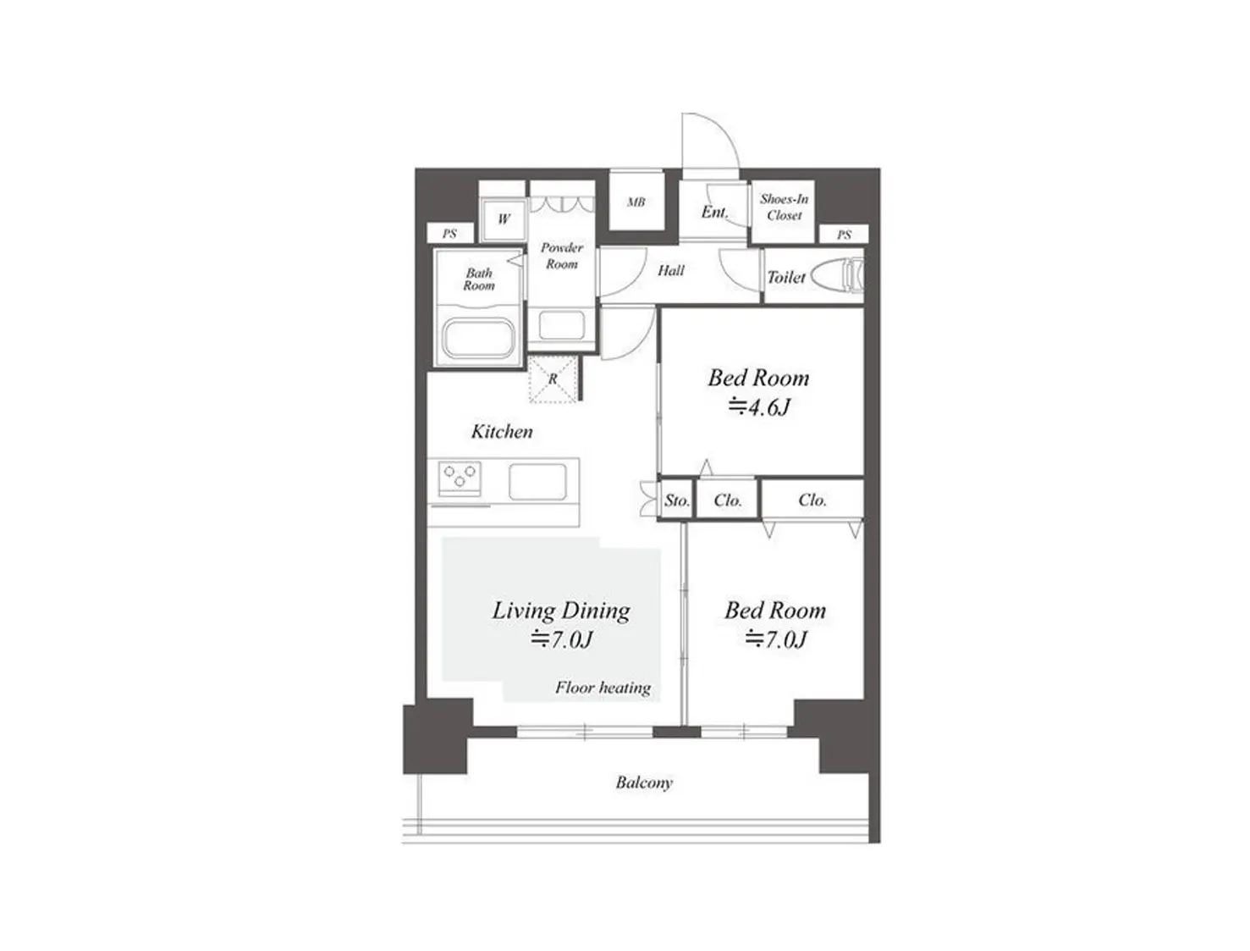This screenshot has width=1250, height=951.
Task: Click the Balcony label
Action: [x=643, y=782]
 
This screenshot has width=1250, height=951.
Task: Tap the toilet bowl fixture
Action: [x=837, y=276]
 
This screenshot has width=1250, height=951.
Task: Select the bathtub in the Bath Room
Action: [x=480, y=339]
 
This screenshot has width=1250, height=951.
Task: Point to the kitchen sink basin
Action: [x=537, y=482]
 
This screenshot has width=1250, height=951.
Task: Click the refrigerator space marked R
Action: [x=553, y=379]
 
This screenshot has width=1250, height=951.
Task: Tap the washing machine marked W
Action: [x=504, y=218]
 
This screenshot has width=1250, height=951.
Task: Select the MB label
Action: [x=636, y=202]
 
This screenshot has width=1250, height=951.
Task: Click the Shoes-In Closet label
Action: [x=785, y=207]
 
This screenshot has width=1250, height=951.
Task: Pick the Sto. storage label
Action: [x=677, y=500]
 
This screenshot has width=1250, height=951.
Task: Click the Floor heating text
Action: [x=603, y=688]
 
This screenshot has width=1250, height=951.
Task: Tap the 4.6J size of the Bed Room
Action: [x=759, y=406]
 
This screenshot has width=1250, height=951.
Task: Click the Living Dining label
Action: [x=561, y=611]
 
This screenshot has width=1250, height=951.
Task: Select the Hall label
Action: [x=671, y=270]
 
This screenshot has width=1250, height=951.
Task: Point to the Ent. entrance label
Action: [x=714, y=212]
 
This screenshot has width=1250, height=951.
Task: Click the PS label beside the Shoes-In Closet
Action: [x=844, y=235]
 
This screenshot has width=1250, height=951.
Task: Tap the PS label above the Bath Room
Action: [x=449, y=233]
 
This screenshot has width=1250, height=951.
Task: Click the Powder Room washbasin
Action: [x=561, y=325]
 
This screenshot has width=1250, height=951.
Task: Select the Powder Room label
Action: [x=561, y=255]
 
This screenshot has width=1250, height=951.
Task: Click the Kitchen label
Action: [x=502, y=431]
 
